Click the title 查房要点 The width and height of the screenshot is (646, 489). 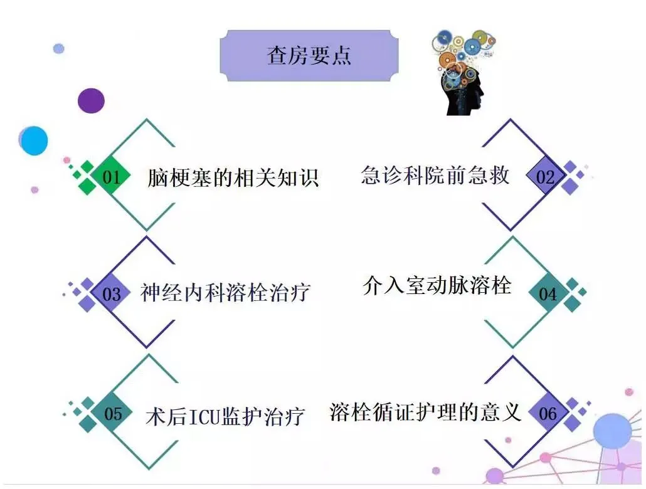click(309, 55)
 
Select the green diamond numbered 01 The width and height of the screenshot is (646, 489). click(112, 177)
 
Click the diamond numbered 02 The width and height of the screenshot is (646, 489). click(545, 177)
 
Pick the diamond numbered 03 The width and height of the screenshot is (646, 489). click(112, 293)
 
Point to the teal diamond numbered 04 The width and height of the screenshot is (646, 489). click(548, 293)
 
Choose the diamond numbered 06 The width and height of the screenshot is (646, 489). click(548, 414)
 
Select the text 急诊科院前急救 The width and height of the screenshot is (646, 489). click(435, 176)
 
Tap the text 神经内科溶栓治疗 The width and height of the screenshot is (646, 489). click(225, 293)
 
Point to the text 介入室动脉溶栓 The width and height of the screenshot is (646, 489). click(437, 286)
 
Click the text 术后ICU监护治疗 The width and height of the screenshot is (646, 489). click(225, 417)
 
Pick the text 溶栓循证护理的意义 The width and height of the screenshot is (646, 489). click(425, 413)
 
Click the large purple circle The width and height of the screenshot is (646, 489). click(91, 100)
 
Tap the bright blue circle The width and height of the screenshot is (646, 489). click(34, 140)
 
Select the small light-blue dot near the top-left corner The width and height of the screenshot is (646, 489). click(58, 48)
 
